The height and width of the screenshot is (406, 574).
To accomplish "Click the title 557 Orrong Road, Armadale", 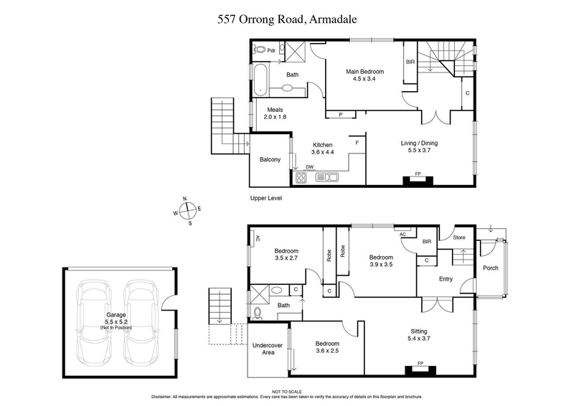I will pos(287,21).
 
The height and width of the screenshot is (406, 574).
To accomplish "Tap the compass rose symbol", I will pos(187,210).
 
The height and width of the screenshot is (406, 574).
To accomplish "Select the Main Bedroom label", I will pos(365,75).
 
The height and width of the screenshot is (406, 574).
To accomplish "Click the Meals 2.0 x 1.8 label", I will pos(275,113).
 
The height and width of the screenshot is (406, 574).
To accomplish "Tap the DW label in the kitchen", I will pos(309,167).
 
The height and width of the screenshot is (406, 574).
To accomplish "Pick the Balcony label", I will pos(269,160).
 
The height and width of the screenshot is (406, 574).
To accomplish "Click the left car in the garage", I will pos(95,322).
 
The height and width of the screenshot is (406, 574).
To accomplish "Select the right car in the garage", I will pos(138,322).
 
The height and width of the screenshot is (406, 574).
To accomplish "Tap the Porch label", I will pos(490,268).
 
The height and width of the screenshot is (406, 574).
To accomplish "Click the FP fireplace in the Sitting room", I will pos(419,368).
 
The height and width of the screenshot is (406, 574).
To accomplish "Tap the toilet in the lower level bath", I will pos(258,313).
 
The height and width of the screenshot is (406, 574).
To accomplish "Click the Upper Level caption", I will pos(265,197).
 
